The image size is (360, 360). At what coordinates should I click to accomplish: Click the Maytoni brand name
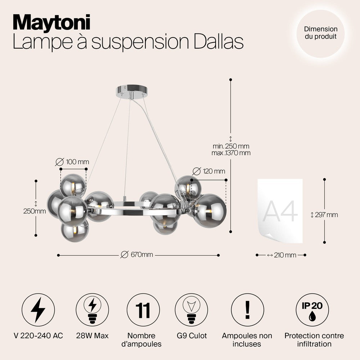[51, 23]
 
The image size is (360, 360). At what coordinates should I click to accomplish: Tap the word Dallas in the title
[219, 41]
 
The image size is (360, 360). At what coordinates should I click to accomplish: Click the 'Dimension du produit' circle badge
[320, 33]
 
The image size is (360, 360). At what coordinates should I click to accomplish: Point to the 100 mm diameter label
[72, 162]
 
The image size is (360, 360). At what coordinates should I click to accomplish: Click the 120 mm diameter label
[209, 171]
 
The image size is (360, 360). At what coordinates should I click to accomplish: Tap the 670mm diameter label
[137, 255]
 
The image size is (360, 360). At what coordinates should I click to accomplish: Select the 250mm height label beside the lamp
[35, 211]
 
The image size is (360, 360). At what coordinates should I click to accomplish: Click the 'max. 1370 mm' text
[231, 153]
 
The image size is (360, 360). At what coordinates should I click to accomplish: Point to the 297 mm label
[324, 215]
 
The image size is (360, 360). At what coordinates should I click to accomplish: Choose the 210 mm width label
[282, 255]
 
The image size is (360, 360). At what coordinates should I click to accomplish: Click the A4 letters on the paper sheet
[280, 211]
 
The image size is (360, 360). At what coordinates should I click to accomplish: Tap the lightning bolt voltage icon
[38, 310]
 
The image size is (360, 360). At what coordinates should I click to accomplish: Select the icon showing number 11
[143, 310]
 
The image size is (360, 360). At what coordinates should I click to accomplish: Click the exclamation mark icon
[248, 310]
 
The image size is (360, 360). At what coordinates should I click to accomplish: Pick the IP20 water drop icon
[312, 310]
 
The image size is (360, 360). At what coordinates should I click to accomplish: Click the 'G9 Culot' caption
[192, 336]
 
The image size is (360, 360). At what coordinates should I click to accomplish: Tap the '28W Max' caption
[92, 336]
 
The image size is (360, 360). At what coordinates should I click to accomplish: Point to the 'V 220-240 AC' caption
[39, 336]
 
